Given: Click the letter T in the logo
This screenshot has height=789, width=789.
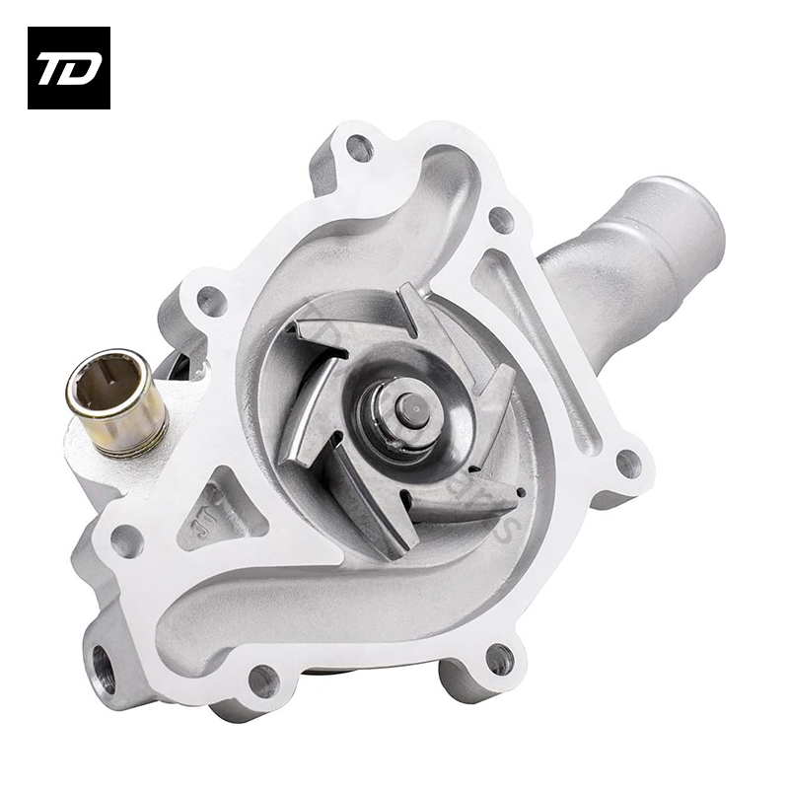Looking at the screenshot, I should point(54,68).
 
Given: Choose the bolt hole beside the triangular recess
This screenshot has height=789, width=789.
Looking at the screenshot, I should point(127,539).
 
